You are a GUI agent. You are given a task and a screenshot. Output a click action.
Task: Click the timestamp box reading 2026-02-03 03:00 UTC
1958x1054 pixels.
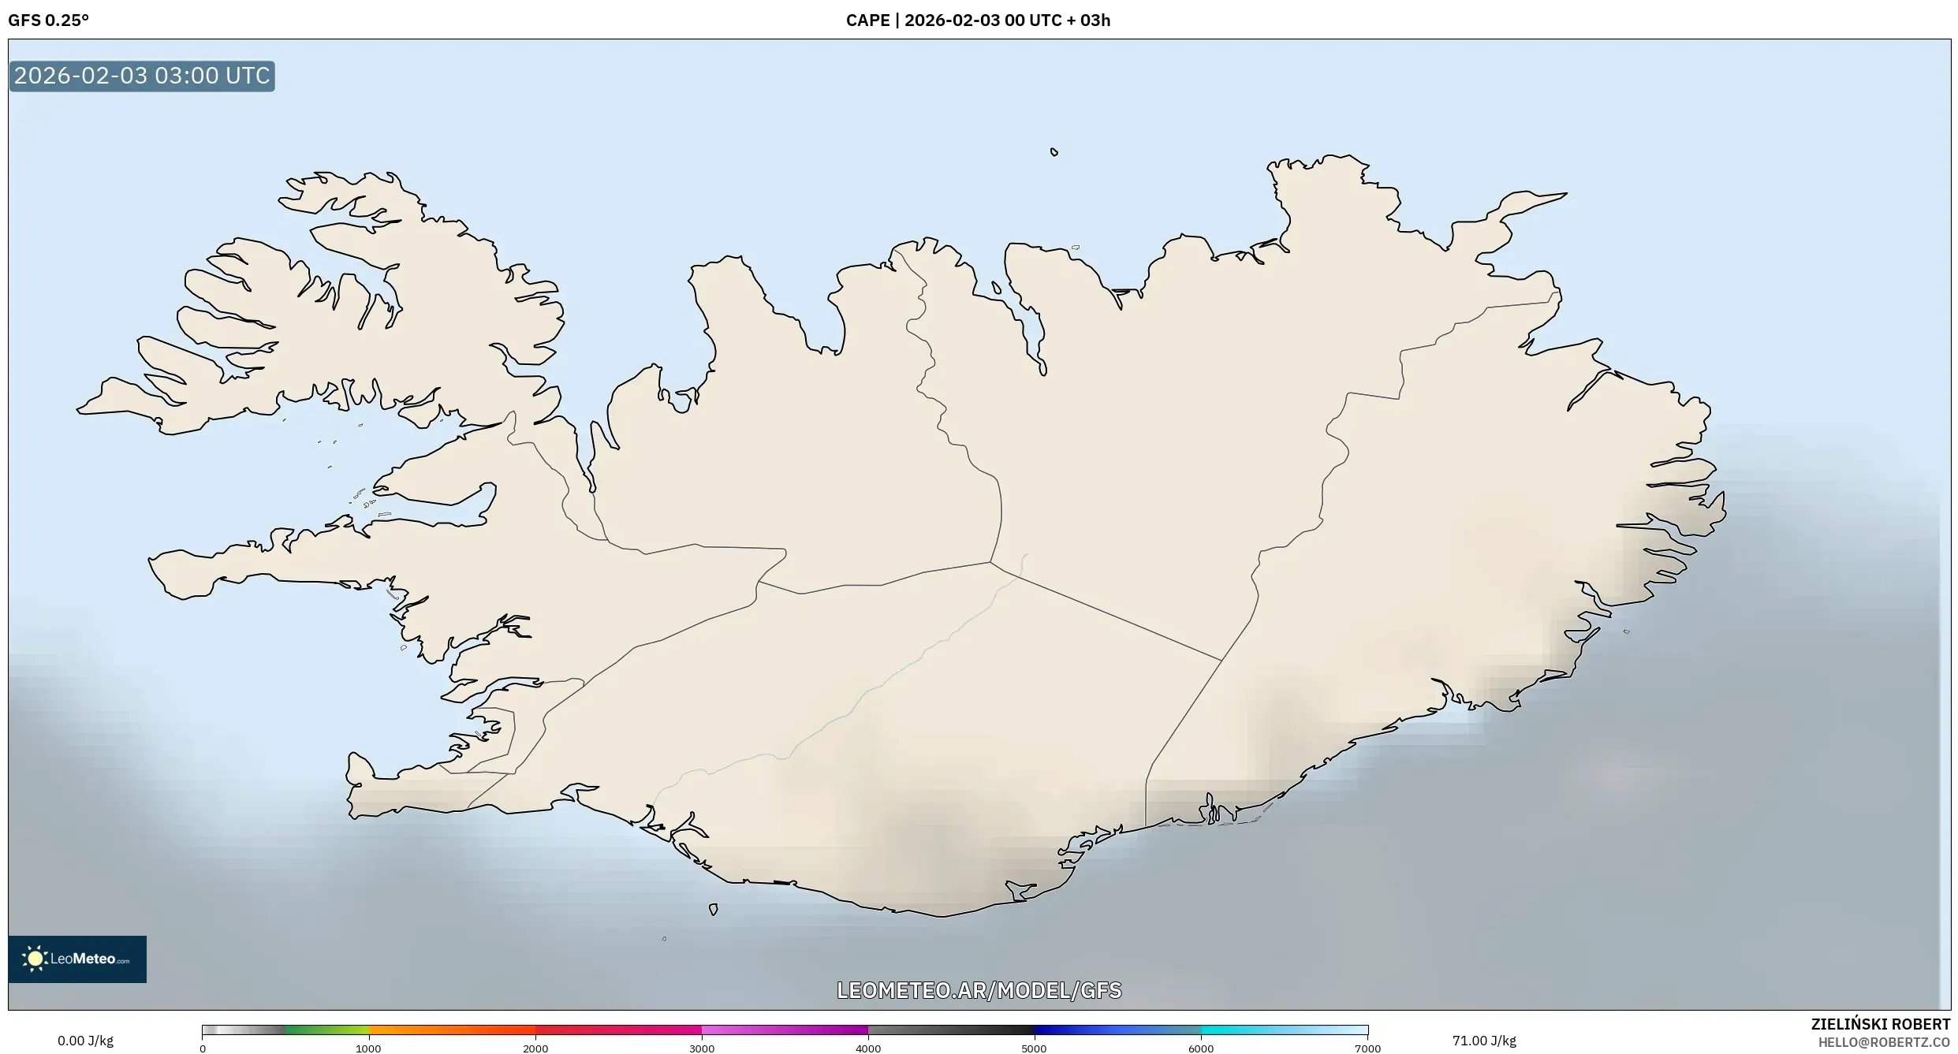[142, 76]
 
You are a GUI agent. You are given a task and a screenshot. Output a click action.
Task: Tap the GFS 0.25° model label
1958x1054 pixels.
[48, 20]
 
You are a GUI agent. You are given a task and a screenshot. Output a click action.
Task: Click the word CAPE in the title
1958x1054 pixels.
[867, 20]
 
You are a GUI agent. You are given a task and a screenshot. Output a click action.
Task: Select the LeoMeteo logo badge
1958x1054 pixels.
[77, 959]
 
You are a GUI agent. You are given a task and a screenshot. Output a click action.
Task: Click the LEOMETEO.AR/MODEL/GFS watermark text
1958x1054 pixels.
[979, 990]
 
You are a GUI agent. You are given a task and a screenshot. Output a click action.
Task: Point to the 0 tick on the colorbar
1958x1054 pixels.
[203, 1048]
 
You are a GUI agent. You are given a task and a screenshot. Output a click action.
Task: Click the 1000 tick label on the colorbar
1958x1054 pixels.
[368, 1048]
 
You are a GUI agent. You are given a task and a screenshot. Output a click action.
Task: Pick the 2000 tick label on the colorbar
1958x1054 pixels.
[535, 1048]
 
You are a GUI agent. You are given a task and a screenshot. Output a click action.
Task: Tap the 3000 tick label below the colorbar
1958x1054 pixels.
[702, 1048]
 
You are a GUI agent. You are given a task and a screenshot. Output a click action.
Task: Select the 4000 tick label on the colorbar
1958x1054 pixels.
[868, 1048]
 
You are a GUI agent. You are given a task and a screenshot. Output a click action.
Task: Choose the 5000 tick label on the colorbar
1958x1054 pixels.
[1034, 1048]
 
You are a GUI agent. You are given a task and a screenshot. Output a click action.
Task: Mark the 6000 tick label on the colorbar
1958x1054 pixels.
[1201, 1048]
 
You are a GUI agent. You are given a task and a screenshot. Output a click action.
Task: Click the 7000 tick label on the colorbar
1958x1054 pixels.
[1367, 1048]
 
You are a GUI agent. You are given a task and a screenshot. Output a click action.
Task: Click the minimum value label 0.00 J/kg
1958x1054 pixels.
[85, 1041]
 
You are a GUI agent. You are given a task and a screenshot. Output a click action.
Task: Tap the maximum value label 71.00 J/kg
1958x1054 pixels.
[1484, 1041]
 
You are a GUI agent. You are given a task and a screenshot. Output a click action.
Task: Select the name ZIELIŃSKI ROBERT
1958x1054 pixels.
[1880, 1024]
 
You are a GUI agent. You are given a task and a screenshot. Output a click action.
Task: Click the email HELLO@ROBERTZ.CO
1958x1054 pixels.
[1883, 1042]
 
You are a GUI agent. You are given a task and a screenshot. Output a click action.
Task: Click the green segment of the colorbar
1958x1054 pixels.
[326, 1030]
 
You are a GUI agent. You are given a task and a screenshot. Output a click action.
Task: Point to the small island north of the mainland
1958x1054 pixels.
[1054, 152]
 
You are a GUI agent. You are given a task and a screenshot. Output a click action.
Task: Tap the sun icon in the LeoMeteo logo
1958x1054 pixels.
[35, 959]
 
